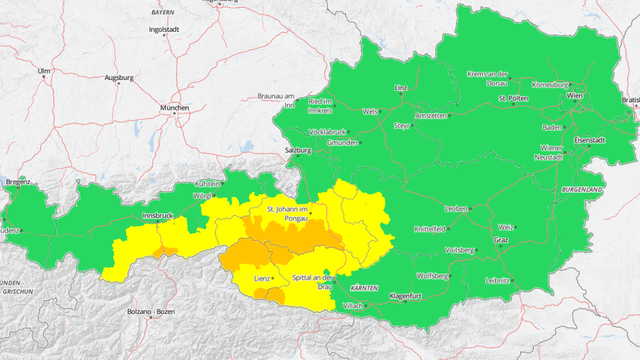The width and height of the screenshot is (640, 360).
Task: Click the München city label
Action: (174, 108)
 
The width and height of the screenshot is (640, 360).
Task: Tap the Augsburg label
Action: (119, 78)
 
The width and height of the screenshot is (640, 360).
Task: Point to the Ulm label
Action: (44, 70)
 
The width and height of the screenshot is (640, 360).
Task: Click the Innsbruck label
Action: (157, 216)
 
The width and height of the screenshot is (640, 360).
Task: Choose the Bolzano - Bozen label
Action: (151, 311)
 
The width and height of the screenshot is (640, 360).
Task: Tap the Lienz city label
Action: (262, 278)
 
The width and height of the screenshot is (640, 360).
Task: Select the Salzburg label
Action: (298, 150)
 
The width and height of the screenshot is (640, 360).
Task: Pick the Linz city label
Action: (400, 88)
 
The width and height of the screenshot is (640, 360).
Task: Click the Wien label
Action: (574, 96)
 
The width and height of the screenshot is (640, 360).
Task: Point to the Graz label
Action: (500, 239)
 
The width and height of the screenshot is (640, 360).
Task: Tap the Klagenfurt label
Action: (406, 296)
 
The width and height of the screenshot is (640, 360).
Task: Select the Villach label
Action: (353, 305)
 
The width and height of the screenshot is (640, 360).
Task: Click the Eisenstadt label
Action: (590, 140)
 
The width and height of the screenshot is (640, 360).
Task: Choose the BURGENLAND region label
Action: (582, 190)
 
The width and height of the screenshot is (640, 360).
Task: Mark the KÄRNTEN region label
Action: (364, 287)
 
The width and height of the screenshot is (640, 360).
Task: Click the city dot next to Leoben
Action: (471, 209)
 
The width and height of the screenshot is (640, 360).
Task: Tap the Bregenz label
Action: (18, 182)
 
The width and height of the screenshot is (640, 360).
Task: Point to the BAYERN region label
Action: (163, 12)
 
